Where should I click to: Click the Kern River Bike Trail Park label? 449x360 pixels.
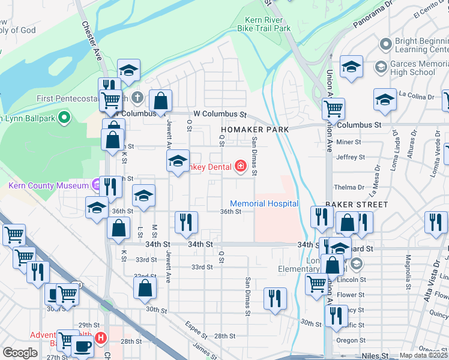click(264, 23)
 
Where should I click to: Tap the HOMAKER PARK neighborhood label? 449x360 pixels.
click(255, 129)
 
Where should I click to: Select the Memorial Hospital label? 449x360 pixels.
click(264, 203)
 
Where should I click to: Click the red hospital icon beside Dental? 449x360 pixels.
click(241, 166)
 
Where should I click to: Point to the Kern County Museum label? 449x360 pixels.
click(49, 185)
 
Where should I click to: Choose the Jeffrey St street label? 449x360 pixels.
click(351, 157)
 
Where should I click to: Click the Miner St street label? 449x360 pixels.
click(348, 142)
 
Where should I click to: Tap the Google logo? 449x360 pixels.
click(20, 353)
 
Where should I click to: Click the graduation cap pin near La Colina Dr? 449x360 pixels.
click(385, 99)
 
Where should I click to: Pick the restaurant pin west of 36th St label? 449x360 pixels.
click(186, 222)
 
